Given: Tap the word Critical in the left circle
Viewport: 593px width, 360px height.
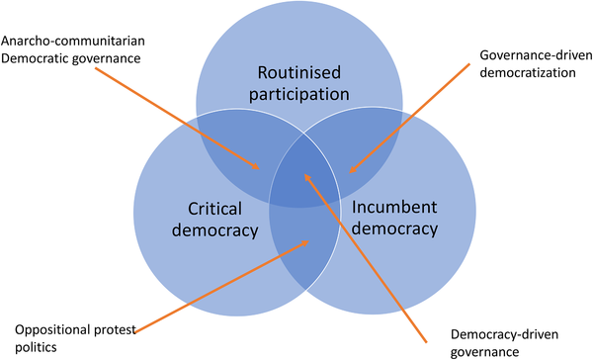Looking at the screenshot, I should pos(216,209).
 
